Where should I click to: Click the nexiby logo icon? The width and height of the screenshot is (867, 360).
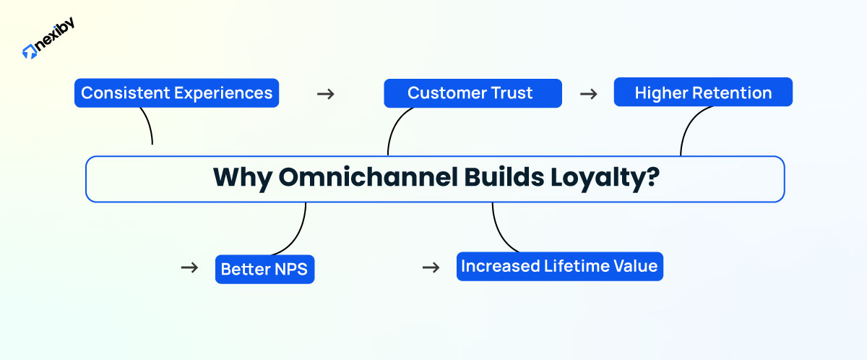(30, 51)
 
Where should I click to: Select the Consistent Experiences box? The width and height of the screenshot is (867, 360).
(176, 93)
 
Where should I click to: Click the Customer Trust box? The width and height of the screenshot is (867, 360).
(472, 93)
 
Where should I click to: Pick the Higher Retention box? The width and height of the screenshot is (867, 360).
(702, 93)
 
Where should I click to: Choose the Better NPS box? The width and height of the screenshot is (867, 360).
(264, 270)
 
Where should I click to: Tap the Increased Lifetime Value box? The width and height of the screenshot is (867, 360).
(559, 266)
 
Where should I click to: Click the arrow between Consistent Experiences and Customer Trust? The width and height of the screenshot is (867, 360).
(326, 94)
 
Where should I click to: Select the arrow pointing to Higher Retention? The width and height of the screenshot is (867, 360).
(589, 94)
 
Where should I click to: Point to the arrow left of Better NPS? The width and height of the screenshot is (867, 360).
(189, 267)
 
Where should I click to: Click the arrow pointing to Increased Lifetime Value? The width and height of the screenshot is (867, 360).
(431, 267)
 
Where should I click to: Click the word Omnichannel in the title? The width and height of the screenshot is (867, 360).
(367, 178)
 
